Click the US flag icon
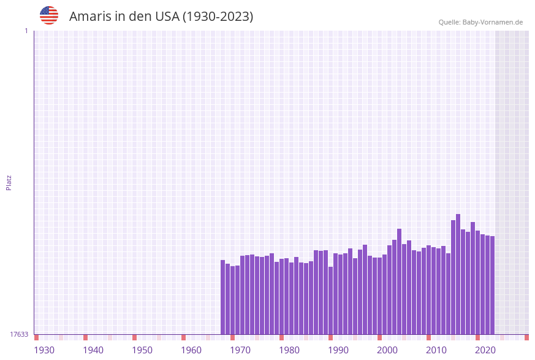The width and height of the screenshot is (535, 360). coord(49,15)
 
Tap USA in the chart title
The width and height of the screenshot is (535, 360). coord(167,17)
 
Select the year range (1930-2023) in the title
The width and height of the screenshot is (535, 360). coord(218,17)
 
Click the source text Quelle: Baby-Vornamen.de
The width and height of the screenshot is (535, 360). coord(480,22)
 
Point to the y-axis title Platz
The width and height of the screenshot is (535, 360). coord(9,182)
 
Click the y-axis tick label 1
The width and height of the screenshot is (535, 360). coord(26,31)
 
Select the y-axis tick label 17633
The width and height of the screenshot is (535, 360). coord(19,334)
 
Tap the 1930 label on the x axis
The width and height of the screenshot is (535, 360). coord(44,350)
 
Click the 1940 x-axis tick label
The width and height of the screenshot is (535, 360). coord(93,350)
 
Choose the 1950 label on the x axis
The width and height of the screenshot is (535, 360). coord(142,350)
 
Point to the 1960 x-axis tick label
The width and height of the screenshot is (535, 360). coord(191,350)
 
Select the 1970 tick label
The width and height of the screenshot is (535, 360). coord(240,350)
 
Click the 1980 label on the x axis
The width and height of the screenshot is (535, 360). coord(289,350)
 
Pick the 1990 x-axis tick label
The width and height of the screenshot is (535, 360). coord(338,350)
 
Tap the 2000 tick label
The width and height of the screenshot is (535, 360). coord(387,350)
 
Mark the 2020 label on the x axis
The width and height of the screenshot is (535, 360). coord(485,350)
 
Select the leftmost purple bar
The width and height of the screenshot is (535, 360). coord(222,297)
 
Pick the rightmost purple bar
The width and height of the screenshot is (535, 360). coord(492,285)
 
